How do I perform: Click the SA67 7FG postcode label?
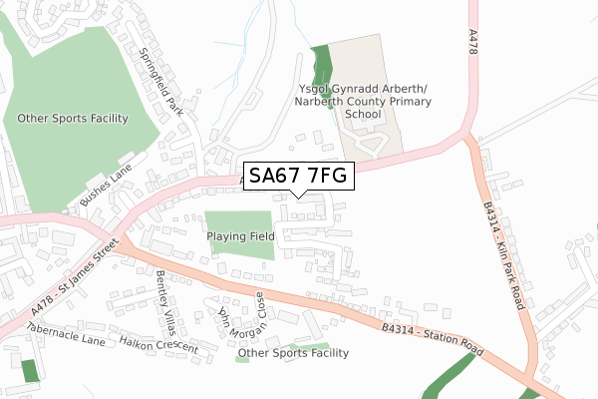(x=298, y=176)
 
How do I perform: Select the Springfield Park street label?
(x=160, y=80)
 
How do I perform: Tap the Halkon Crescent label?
(x=159, y=344)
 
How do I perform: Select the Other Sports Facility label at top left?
(x=73, y=119)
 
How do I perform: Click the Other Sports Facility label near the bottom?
(x=293, y=353)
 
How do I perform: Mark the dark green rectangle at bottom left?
(x=31, y=369)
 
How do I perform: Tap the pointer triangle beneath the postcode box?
(x=298, y=193)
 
